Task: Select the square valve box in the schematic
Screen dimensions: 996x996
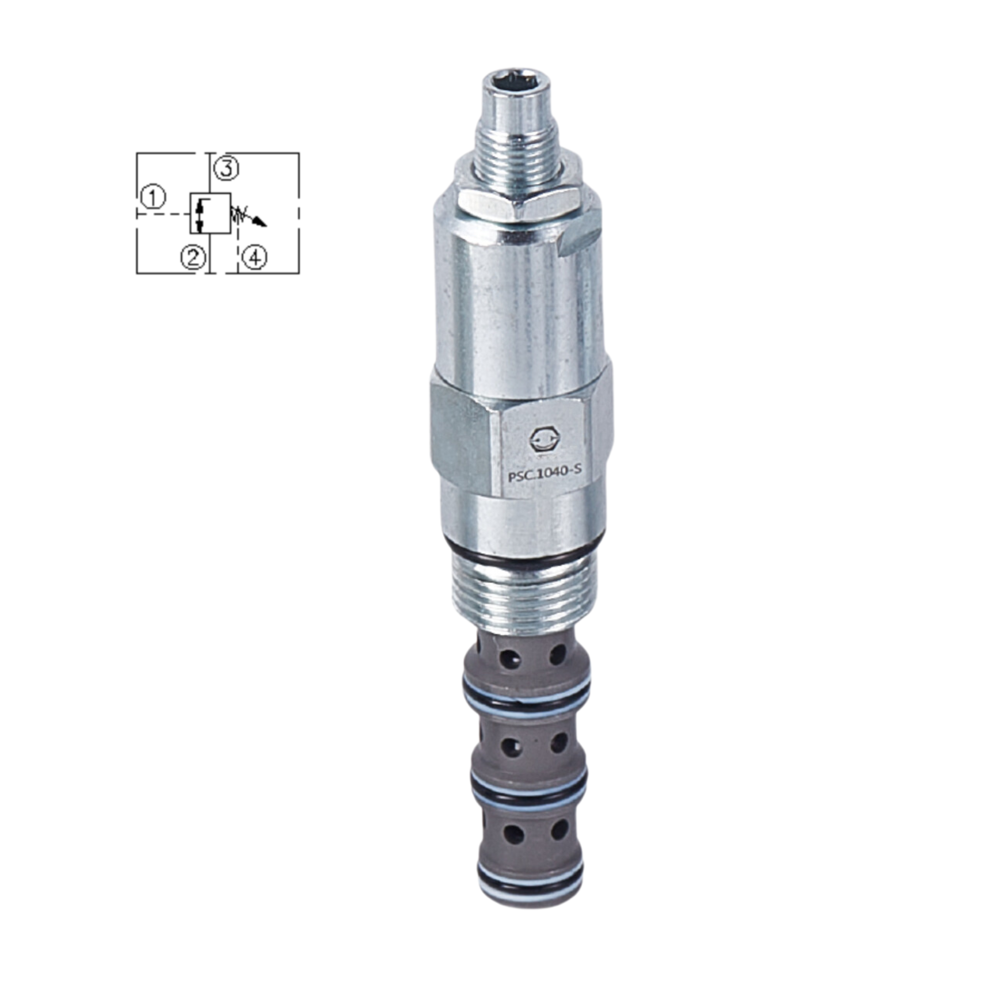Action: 210,214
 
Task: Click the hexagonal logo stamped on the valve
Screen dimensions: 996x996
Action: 541,440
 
